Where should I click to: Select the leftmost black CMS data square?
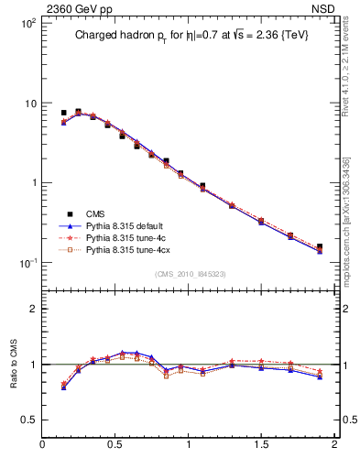(63, 113)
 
